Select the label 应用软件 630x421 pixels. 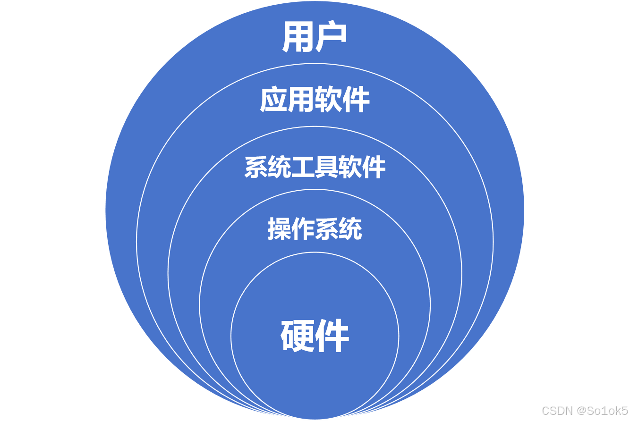click(315, 100)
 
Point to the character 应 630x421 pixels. click(273, 100)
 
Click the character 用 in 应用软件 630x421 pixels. click(301, 100)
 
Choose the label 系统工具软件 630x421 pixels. click(315, 167)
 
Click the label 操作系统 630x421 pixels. click(315, 229)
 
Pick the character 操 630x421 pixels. click(279, 229)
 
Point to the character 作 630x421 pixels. click(303, 229)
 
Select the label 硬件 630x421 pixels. click(315, 336)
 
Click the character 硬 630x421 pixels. click(298, 336)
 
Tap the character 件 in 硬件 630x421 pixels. click(332, 336)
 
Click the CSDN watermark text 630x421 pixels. click(556, 410)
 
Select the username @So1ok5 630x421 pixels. click(601, 410)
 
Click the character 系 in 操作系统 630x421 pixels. click(326, 229)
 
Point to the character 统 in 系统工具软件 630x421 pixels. click(280, 167)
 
